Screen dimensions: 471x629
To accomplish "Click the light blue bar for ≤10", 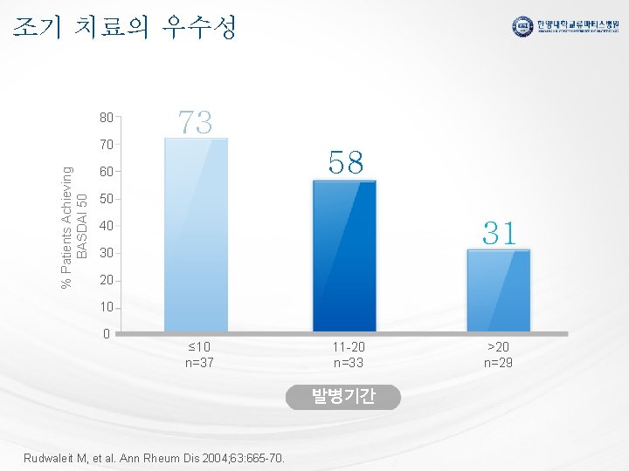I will (197, 235).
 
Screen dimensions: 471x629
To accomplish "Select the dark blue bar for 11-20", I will (344, 256).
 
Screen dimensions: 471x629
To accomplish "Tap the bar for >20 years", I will (498, 290).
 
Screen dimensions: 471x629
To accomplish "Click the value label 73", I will (196, 122).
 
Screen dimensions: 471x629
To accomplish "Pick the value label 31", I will (499, 232).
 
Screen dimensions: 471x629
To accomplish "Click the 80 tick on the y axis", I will (106, 116).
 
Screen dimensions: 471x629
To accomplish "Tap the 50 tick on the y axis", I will (106, 199).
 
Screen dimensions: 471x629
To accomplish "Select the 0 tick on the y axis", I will (106, 334).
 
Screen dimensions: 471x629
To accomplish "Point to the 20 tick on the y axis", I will (106, 281).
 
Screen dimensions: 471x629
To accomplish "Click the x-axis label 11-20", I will (344, 346).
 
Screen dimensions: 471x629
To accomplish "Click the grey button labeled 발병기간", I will (343, 397).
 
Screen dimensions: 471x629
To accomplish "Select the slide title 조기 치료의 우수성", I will (125, 28).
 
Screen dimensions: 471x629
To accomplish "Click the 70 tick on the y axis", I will (106, 144).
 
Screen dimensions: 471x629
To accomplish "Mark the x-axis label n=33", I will (344, 363).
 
